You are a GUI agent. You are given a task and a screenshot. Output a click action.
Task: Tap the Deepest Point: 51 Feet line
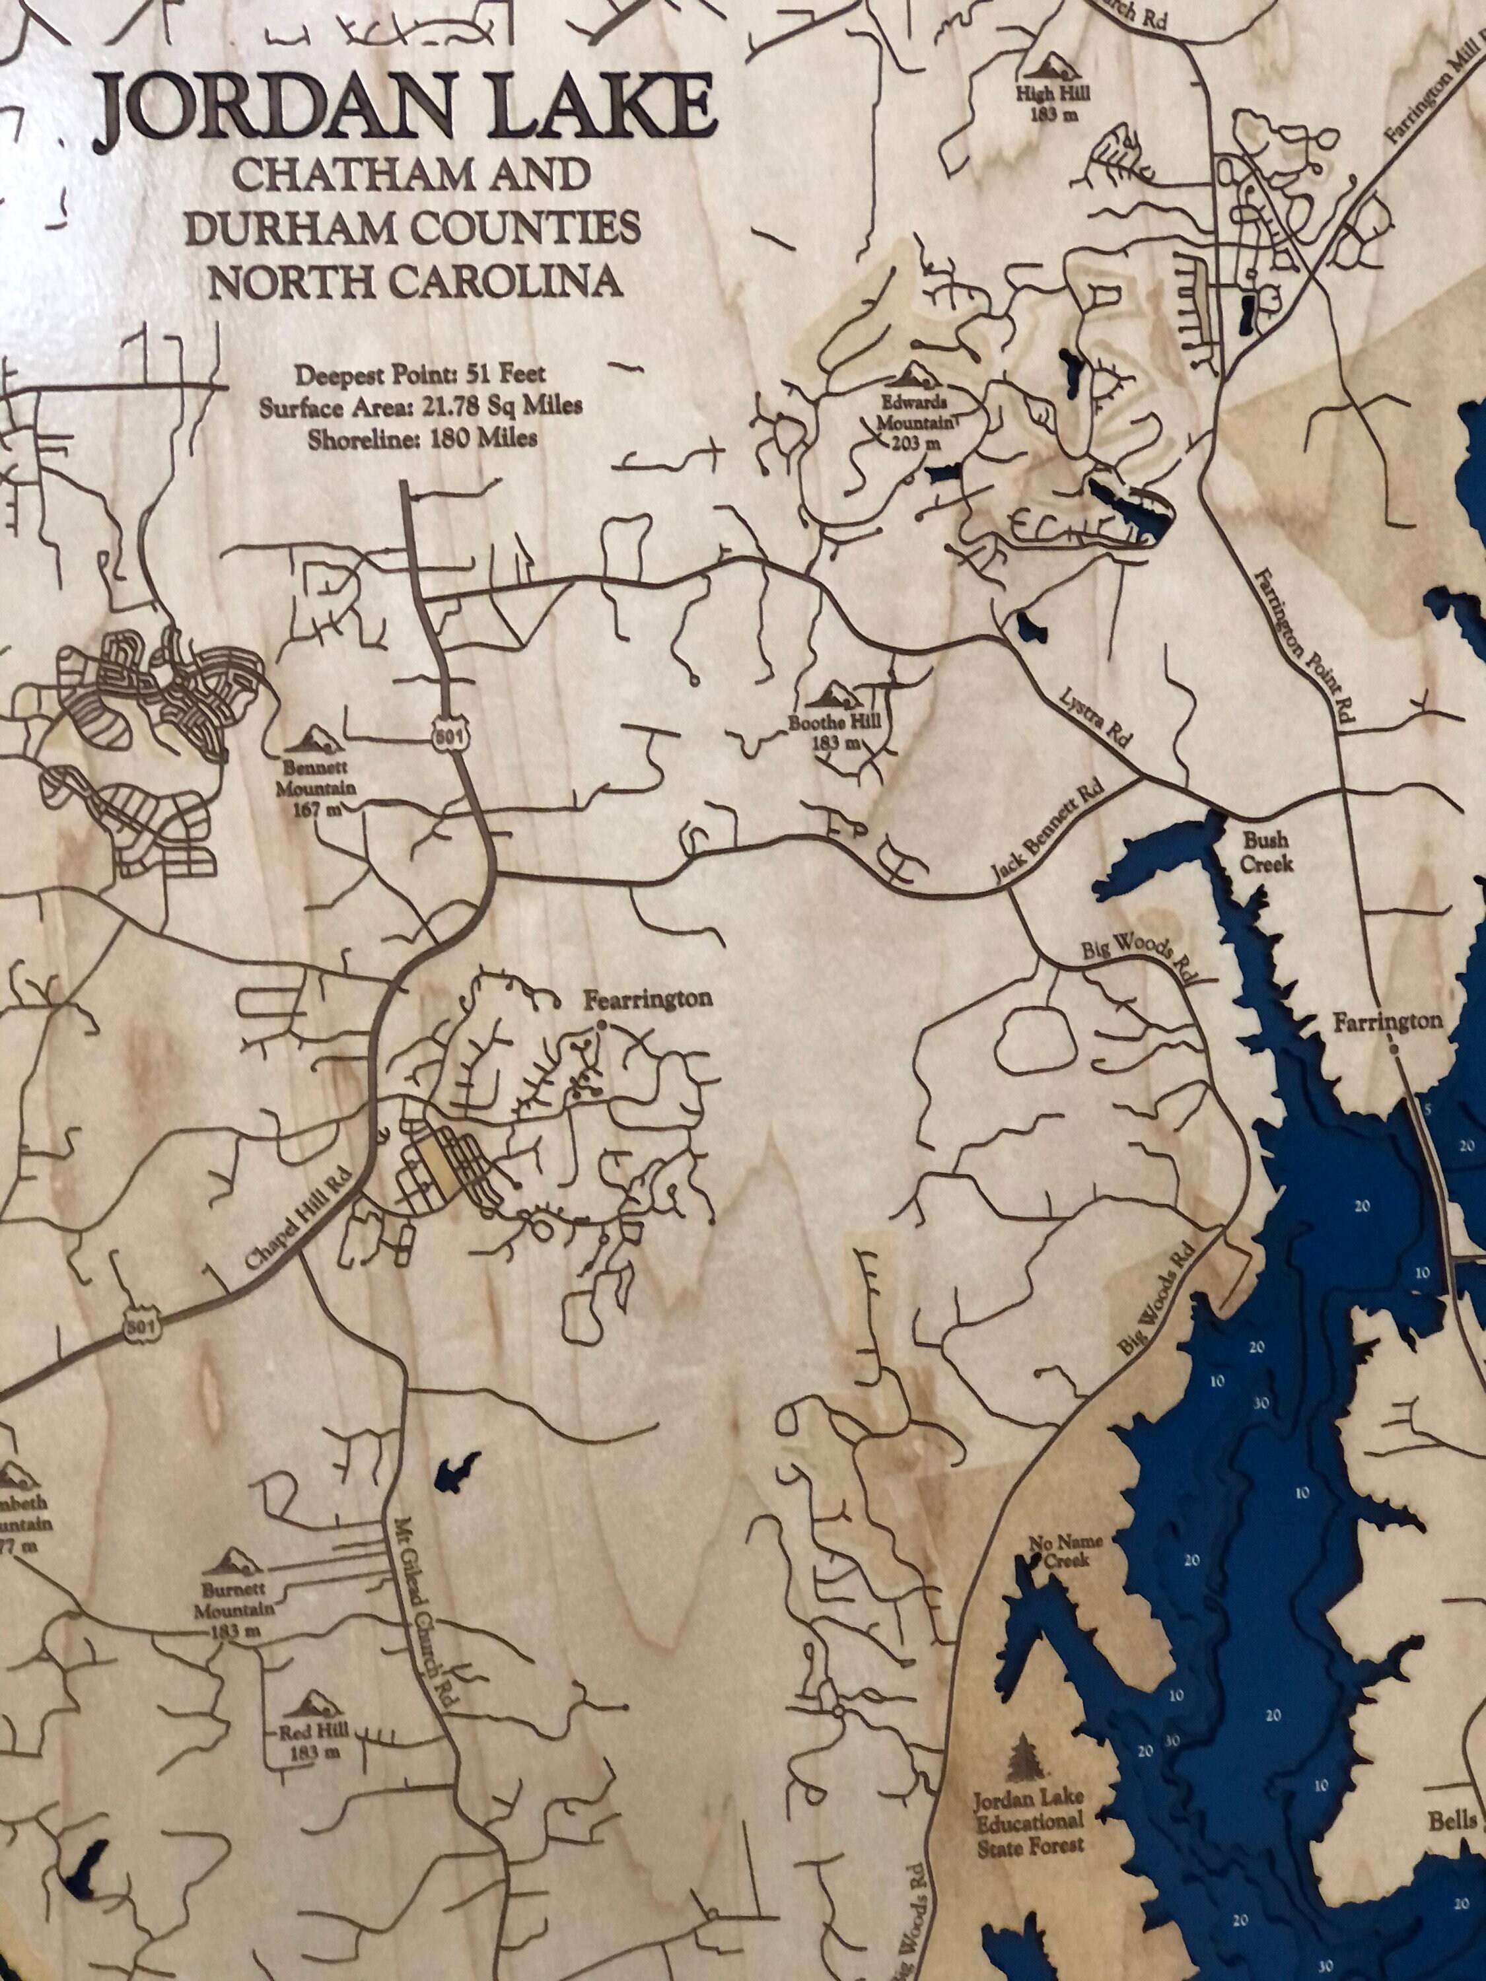coord(420,374)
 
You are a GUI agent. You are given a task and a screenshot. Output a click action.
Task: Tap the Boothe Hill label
coord(829,731)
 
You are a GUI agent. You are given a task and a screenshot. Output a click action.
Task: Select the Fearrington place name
coord(648,1000)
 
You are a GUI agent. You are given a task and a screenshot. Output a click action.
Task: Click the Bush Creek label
coord(1267,851)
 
